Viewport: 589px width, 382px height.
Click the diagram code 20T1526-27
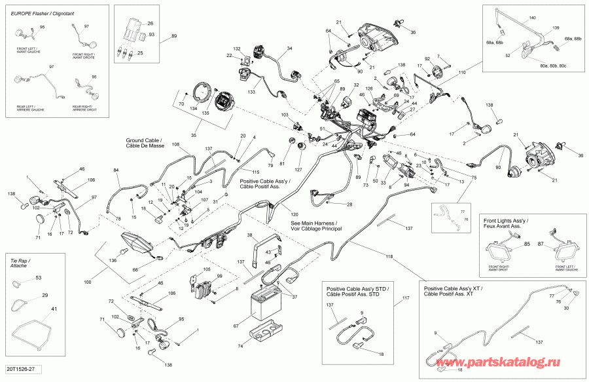coord(21,372)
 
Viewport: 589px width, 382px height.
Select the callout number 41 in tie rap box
coord(36,309)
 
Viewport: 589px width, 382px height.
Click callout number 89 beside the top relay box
coord(173,36)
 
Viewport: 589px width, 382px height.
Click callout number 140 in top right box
coord(531,17)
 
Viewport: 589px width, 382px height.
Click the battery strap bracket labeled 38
coord(267,250)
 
